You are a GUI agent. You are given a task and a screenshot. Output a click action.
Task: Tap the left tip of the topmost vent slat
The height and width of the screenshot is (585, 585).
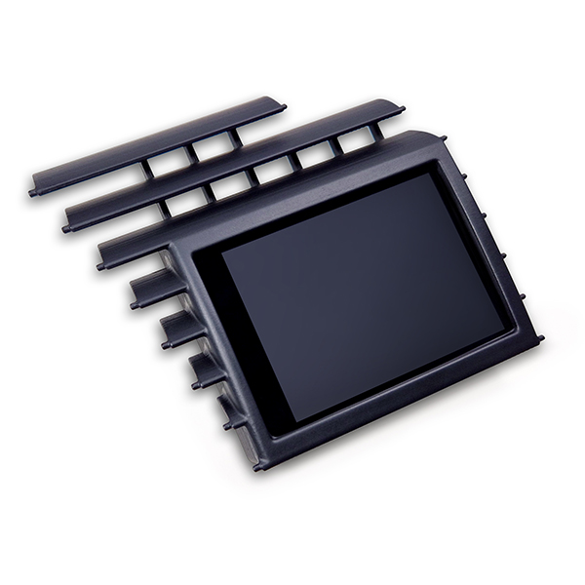tap(34, 192)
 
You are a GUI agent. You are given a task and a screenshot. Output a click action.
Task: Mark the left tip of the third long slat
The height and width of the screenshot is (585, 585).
tap(101, 264)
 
